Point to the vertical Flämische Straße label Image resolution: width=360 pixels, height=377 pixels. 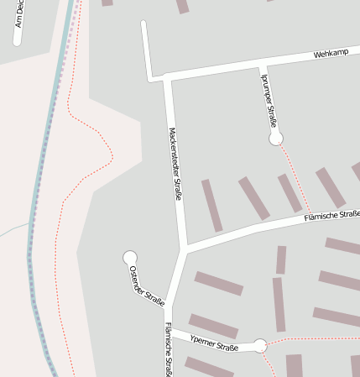click(x=169, y=348)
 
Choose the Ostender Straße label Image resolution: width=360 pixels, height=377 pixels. click(x=147, y=285)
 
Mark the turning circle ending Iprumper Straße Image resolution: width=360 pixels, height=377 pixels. click(x=275, y=138)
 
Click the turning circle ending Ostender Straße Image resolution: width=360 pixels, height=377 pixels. click(x=130, y=257)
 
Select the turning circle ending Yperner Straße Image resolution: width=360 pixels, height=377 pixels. click(x=260, y=345)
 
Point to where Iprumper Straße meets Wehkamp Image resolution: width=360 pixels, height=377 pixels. click(x=263, y=65)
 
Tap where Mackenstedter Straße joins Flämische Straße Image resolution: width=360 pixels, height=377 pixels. click(x=183, y=249)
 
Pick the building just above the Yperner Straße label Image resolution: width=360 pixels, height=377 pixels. click(x=213, y=326)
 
